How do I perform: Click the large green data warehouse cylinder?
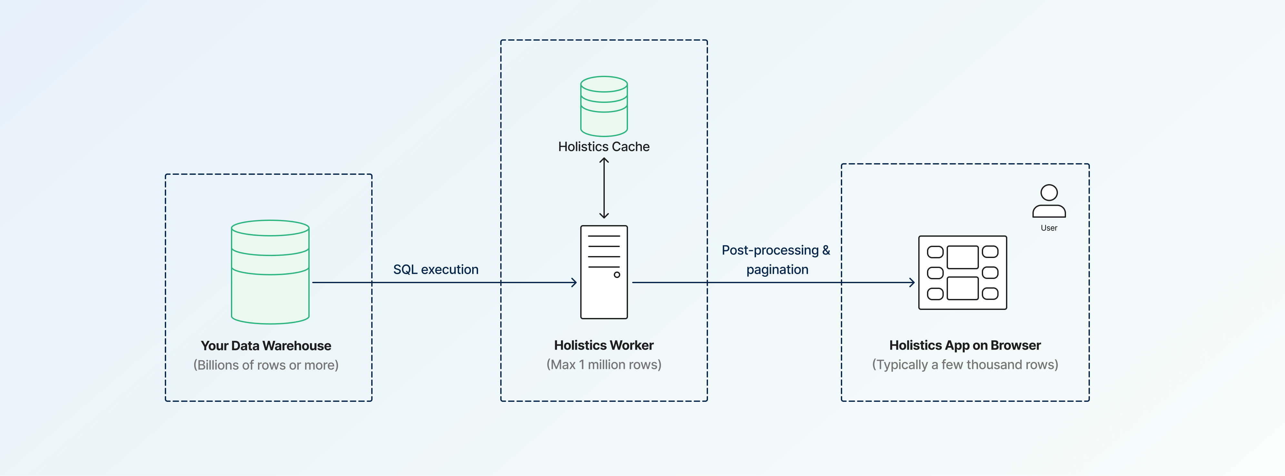(x=270, y=272)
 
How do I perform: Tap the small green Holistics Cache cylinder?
(x=603, y=106)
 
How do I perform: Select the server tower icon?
(x=603, y=272)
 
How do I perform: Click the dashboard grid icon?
(x=962, y=273)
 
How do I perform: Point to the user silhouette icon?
(x=1049, y=201)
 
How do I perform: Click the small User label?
(x=1049, y=228)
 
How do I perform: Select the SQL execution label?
(x=435, y=269)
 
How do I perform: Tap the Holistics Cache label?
(x=603, y=147)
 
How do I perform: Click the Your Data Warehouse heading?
(x=266, y=346)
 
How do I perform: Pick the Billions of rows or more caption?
(x=266, y=365)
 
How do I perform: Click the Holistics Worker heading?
(x=603, y=345)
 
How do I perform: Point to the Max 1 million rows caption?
(x=603, y=365)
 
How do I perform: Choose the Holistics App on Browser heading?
(x=965, y=345)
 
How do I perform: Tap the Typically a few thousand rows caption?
(x=965, y=365)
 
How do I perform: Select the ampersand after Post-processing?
(x=826, y=250)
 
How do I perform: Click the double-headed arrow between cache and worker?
(x=603, y=188)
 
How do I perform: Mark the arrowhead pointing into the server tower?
(x=574, y=283)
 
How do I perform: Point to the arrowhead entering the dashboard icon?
(x=912, y=283)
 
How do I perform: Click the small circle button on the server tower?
(x=617, y=275)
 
